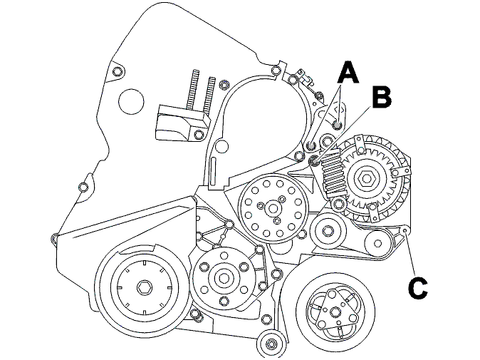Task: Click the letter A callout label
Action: point(348,72)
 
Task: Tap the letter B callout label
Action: point(382,98)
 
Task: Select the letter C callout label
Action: point(417,288)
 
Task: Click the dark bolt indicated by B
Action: point(314,160)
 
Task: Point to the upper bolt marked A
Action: point(338,125)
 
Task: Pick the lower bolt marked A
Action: point(311,146)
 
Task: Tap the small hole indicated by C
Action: point(405,231)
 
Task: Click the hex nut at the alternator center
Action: point(367,178)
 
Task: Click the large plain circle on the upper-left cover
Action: point(131,101)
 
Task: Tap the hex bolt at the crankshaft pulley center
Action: point(144,288)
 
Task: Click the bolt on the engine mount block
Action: point(199,134)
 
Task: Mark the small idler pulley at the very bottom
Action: point(271,343)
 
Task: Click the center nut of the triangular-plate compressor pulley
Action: point(335,312)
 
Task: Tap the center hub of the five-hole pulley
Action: point(224,278)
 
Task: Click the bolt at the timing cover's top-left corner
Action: point(117,72)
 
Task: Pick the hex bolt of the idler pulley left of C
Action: point(328,230)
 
